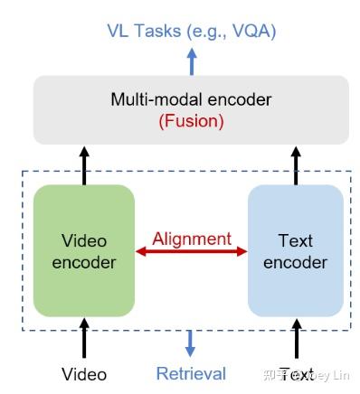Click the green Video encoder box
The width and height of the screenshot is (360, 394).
click(83, 249)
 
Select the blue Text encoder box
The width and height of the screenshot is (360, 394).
click(296, 249)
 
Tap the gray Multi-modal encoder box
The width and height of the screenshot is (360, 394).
click(190, 109)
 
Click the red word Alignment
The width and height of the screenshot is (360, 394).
click(191, 239)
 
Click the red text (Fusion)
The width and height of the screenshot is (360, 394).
click(190, 120)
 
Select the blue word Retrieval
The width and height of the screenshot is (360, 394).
click(191, 373)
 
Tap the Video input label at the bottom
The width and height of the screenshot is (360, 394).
click(84, 373)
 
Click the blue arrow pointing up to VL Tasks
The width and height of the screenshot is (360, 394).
click(191, 61)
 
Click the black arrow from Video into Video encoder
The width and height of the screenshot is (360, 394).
click(84, 336)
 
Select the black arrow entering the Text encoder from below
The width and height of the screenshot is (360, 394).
click(296, 336)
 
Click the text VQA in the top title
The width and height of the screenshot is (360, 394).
click(251, 31)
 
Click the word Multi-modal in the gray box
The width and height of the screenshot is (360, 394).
click(148, 98)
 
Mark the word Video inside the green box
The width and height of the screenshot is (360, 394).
click(83, 241)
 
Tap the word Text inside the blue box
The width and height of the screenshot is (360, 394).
click(296, 241)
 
